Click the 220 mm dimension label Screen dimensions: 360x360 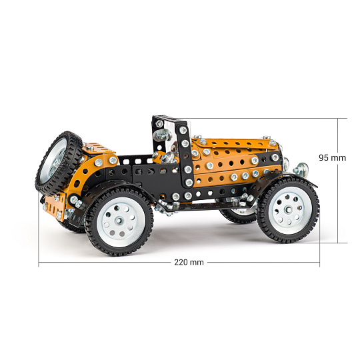pyautogui.click(x=189, y=262)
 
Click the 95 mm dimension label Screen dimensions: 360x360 pyautogui.click(x=332, y=158)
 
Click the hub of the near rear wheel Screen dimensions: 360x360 pyautogui.click(x=119, y=221)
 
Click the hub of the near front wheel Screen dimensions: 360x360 pyautogui.click(x=289, y=210)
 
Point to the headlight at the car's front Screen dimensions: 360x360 pyautogui.click(x=301, y=169)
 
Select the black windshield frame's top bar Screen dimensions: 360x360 pyautogui.click(x=169, y=121)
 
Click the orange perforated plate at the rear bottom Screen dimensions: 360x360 pyautogui.click(x=54, y=207)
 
